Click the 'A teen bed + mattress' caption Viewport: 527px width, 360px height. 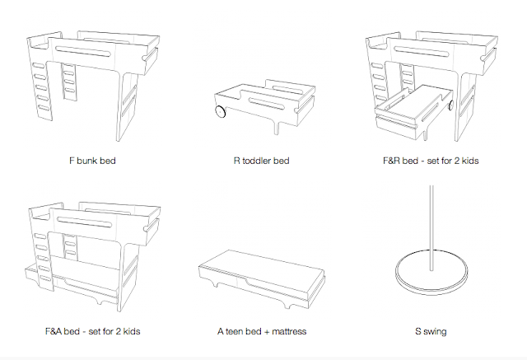pos(262,331)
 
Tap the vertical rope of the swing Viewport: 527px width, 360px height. pos(432,222)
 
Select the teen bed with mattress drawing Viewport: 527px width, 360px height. pos(262,276)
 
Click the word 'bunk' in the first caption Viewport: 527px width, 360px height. pos(86,159)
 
